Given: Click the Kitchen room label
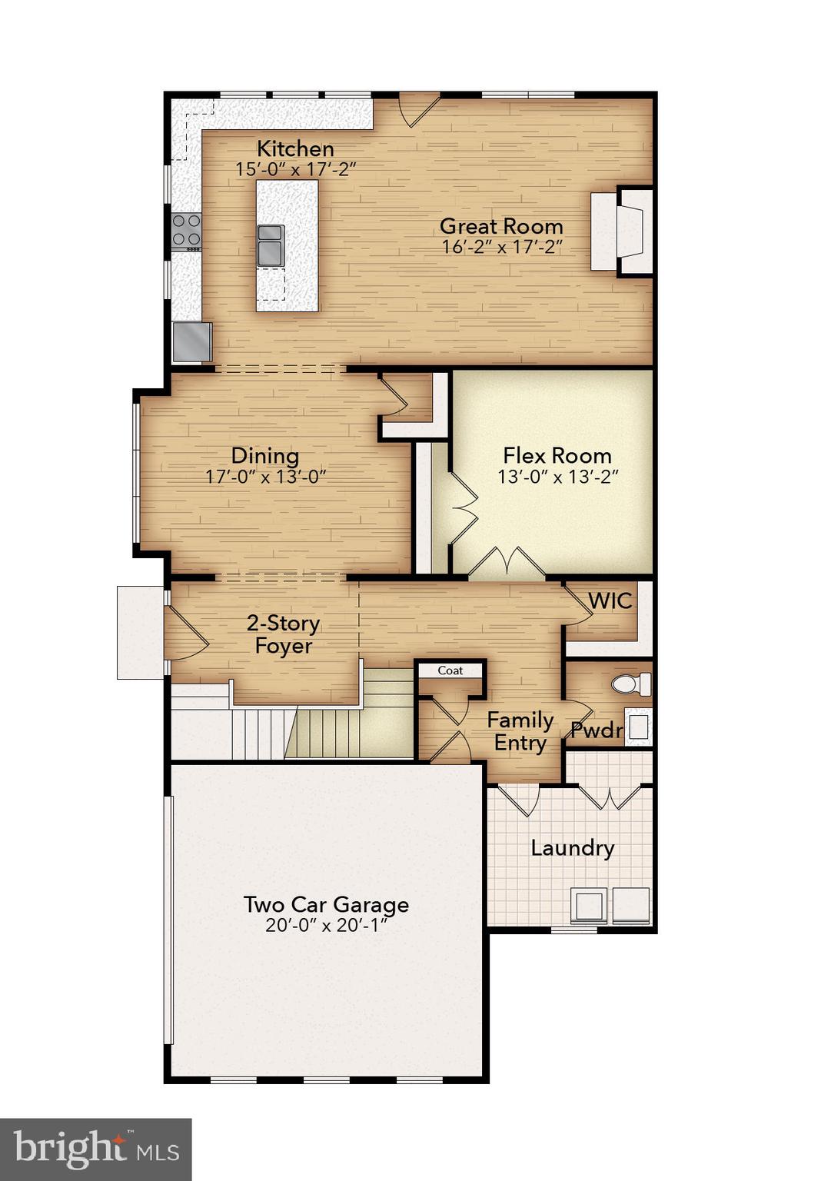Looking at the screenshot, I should tap(295, 148).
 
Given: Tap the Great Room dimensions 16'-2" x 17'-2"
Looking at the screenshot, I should tap(502, 247).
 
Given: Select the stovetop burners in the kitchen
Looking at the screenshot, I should tap(186, 231).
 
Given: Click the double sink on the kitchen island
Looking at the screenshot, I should tap(271, 244).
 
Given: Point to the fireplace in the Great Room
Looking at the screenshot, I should tap(621, 230).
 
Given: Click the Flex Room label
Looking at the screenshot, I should tap(557, 455).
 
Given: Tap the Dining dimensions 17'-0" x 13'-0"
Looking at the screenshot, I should tap(266, 477).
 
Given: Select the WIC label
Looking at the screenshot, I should tap(610, 600).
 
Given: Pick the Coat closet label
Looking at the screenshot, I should tap(450, 670).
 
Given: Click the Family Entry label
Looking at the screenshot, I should tap(520, 731).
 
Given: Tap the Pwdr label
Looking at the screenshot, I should tap(597, 730).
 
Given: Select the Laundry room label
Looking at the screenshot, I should tap(573, 848).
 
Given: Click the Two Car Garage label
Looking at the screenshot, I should tap(326, 904).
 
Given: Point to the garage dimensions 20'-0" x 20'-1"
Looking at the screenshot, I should tap(326, 926).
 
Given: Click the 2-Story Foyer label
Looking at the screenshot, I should tap(283, 634).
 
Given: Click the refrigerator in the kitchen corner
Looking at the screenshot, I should tap(191, 341).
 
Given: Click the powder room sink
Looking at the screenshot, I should tap(638, 727).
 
